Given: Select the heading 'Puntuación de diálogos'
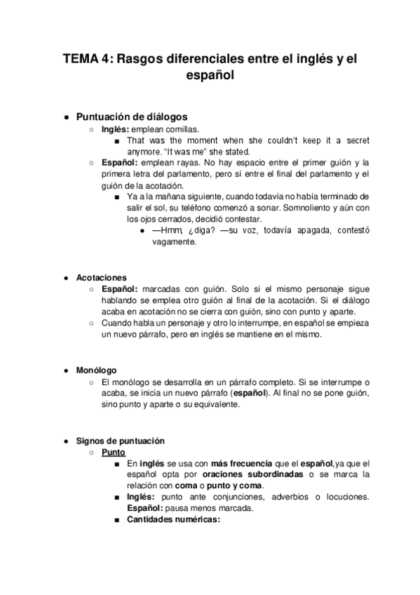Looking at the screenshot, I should point(131,117).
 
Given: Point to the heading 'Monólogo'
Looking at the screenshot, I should point(97,370).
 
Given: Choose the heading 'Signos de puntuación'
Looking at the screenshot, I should point(120,441).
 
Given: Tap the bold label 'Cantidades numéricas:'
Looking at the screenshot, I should point(173,519).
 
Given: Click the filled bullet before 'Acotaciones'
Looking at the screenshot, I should point(65,277).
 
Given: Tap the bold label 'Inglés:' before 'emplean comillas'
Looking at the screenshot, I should point(116,129).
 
